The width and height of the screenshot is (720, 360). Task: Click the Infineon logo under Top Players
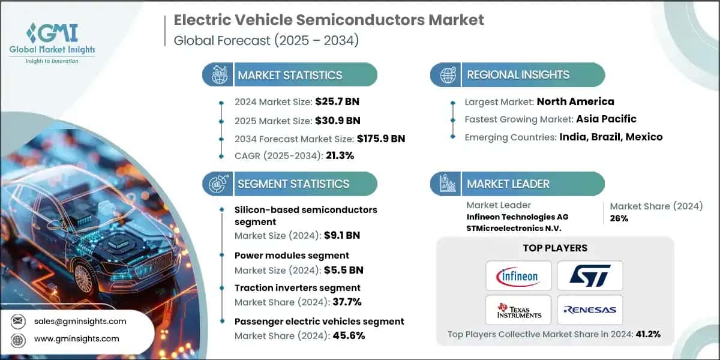coord(517,277)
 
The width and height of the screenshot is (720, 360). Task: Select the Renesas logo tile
coord(590,310)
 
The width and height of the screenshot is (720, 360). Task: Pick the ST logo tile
coord(590,277)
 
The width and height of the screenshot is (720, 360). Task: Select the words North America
coord(575,101)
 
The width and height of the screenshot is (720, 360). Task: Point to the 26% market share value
coord(619,218)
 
